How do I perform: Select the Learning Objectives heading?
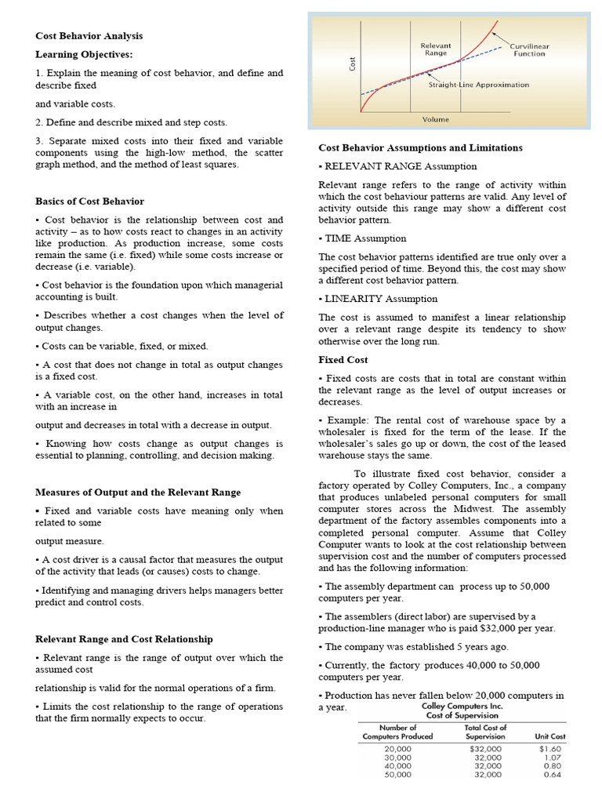[x=85, y=54]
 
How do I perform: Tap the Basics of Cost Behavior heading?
[x=89, y=202]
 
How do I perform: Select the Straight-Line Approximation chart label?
[x=478, y=85]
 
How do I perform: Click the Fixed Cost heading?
[x=343, y=360]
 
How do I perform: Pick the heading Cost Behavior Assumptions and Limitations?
[x=420, y=147]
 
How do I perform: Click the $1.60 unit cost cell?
[x=552, y=748]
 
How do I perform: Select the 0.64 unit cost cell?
[x=553, y=775]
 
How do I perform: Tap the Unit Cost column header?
[x=550, y=736]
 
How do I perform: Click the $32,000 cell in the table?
[x=485, y=748]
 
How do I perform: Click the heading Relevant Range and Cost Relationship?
[x=124, y=639]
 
